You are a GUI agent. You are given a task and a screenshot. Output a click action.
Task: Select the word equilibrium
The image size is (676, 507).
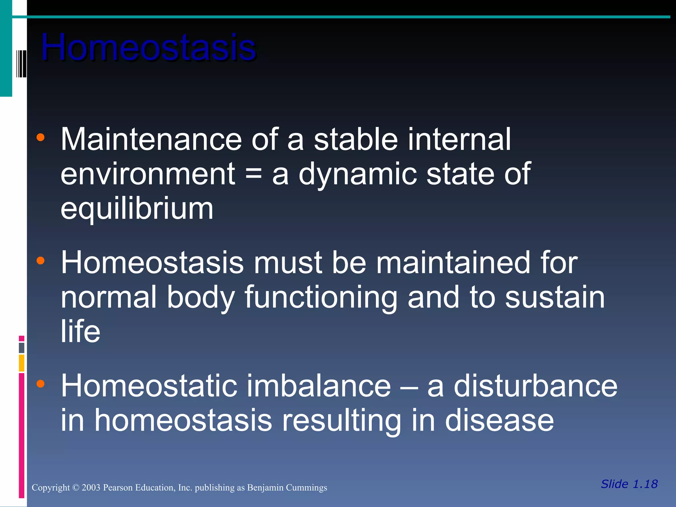[137, 209]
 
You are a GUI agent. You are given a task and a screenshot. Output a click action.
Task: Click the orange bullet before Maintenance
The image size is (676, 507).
[40, 137]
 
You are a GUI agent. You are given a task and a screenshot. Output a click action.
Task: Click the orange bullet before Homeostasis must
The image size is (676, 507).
[40, 261]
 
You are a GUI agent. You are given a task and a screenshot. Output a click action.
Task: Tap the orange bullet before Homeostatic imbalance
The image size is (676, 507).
[40, 384]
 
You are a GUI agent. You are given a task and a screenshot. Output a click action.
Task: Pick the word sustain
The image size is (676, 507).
[555, 297]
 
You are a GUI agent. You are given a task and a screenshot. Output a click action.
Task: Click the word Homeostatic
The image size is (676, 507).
[149, 386]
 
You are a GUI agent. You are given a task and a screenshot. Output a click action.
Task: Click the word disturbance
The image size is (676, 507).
[535, 386]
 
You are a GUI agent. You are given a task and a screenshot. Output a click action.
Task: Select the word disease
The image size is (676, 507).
[499, 421]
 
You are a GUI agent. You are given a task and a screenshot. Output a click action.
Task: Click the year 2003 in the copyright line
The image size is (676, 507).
[91, 488]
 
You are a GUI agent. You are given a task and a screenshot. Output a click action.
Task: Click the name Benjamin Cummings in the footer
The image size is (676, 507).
[287, 488]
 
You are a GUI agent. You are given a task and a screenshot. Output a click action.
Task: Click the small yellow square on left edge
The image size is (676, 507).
[21, 363]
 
